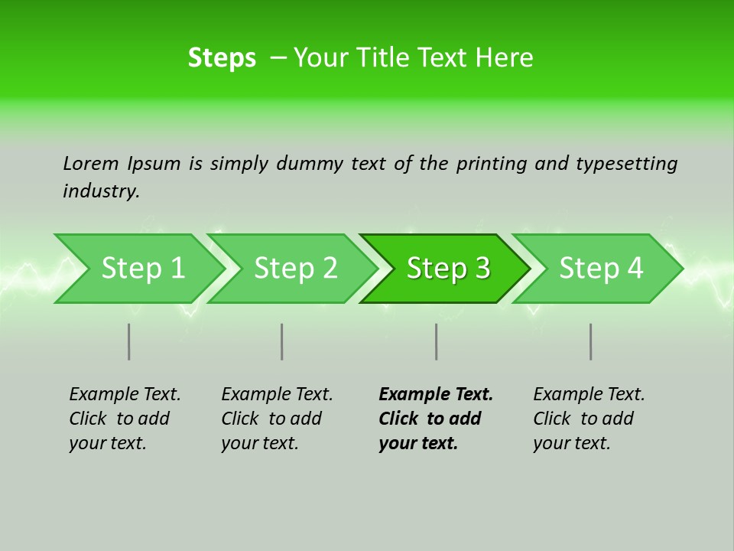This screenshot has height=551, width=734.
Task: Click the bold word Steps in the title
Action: click(222, 58)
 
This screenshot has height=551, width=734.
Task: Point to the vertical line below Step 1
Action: click(129, 341)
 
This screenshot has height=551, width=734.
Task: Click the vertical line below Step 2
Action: click(282, 341)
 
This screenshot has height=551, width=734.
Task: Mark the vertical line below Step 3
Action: click(437, 341)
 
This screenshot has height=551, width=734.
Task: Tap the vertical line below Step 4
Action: click(591, 341)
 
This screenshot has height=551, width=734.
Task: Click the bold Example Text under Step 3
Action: click(436, 419)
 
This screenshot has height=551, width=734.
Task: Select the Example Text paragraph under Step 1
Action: click(125, 419)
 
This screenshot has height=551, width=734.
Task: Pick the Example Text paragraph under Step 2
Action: click(277, 419)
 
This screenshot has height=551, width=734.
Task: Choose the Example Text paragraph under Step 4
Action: click(589, 419)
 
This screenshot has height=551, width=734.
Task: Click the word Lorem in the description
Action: click(90, 164)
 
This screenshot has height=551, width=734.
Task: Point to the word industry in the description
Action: click(101, 191)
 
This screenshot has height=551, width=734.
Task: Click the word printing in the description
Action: click(492, 164)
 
